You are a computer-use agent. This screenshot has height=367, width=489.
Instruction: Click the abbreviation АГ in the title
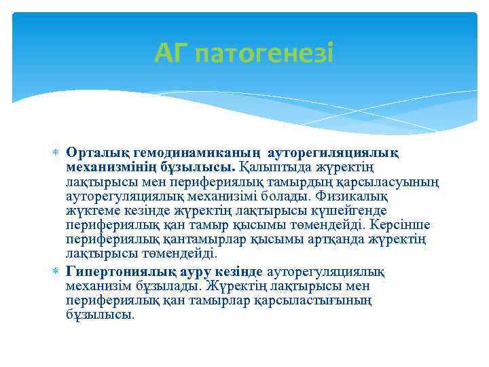pyautogui.click(x=170, y=52)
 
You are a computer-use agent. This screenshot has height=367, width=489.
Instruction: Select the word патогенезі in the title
pyautogui.click(x=264, y=53)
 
